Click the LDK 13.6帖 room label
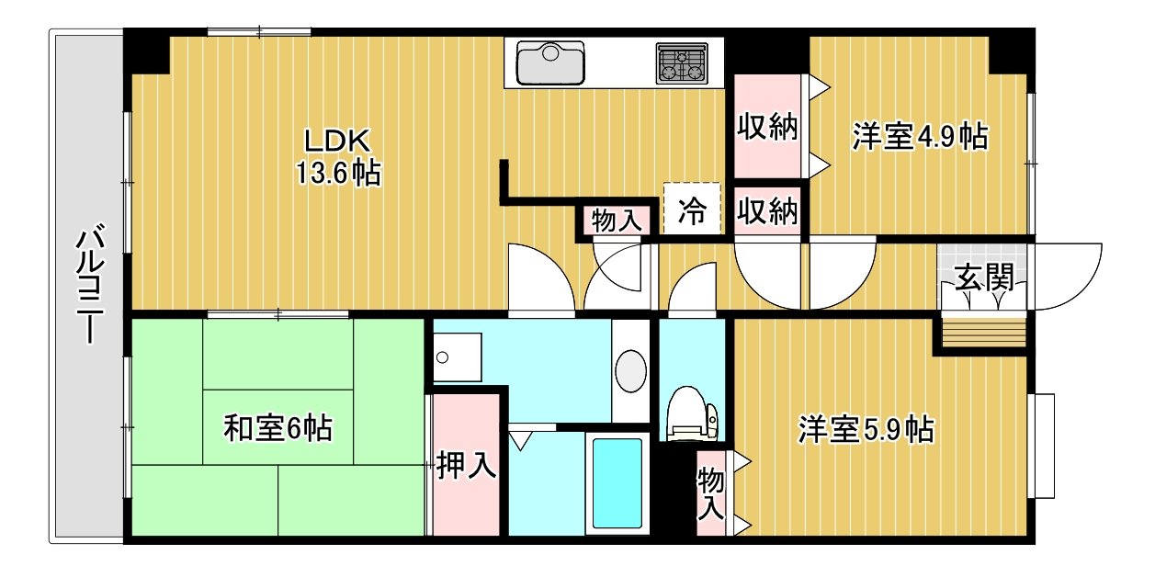tap(338, 157)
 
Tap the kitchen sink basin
tap(550, 62)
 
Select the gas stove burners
tap(682, 63)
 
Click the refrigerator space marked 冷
tap(692, 209)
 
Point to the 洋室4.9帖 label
tap(920, 137)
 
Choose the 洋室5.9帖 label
tap(866, 429)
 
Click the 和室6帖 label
tap(277, 428)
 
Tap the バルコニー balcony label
tap(90, 283)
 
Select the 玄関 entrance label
tap(984, 277)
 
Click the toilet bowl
tap(690, 413)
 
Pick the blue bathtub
tap(617, 483)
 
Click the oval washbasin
tap(630, 371)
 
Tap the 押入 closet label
tap(466, 465)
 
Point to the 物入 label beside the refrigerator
tap(617, 221)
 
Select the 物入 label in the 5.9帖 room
tap(710, 493)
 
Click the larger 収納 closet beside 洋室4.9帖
tap(767, 126)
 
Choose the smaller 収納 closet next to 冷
tap(767, 211)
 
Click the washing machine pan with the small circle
tap(458, 357)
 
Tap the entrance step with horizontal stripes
tap(984, 333)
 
